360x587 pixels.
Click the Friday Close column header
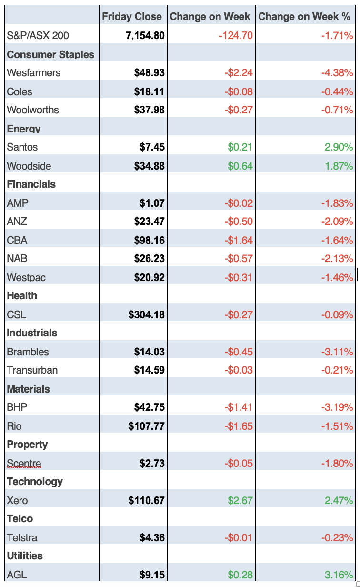coord(132,17)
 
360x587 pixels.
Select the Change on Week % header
coord(304,17)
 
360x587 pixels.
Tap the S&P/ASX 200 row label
coord(38,35)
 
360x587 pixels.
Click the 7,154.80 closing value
coord(145,35)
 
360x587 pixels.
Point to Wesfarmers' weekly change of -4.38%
coord(337,73)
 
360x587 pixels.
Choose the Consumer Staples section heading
coord(50,54)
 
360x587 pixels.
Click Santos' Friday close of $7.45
coord(152,147)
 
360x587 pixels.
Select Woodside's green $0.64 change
coord(240,166)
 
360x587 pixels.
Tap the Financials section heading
coord(31,184)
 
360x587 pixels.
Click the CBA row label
coord(17,240)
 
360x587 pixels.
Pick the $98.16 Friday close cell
coord(149,240)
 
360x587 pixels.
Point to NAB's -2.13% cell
coord(337,259)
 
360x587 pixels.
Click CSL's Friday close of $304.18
coord(147,314)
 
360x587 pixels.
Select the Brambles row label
coord(28,352)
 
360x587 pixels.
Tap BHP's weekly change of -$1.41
coord(239,407)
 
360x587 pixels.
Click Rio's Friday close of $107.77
coord(147,426)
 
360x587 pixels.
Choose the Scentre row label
coord(24,463)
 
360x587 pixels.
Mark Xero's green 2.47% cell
coord(339,500)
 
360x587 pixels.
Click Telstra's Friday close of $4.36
coord(152,537)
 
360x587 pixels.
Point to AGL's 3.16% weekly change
coord(339,575)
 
